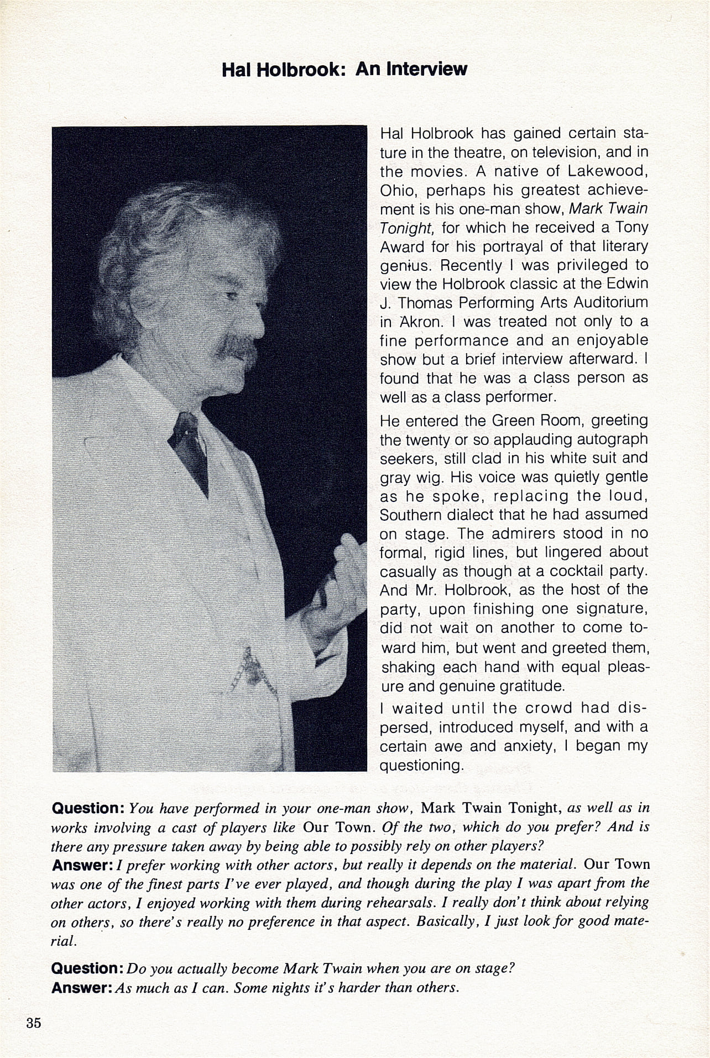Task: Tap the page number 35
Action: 33,1023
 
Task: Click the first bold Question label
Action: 87,808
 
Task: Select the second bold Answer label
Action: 82,987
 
